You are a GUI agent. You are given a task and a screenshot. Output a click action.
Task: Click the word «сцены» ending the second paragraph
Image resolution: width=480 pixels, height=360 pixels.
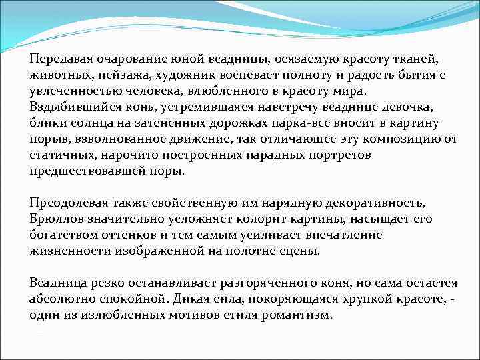(x=301, y=251)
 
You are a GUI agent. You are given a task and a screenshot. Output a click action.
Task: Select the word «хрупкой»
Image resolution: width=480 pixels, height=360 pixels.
(x=363, y=299)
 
